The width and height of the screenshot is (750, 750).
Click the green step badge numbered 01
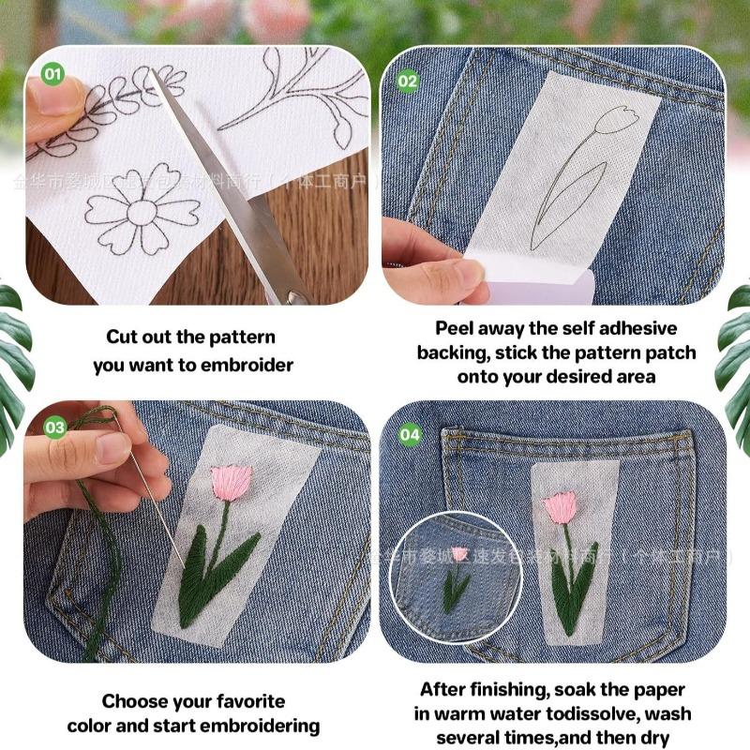[x=53, y=72]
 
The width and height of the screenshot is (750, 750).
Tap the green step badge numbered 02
[x=408, y=81]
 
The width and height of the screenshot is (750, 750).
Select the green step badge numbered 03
[x=55, y=427]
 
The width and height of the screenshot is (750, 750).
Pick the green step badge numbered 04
[x=411, y=435]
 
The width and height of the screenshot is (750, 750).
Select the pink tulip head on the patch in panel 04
[x=560, y=507]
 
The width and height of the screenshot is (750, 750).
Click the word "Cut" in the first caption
[x=124, y=337]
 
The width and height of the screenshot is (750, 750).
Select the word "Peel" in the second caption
[x=455, y=329]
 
